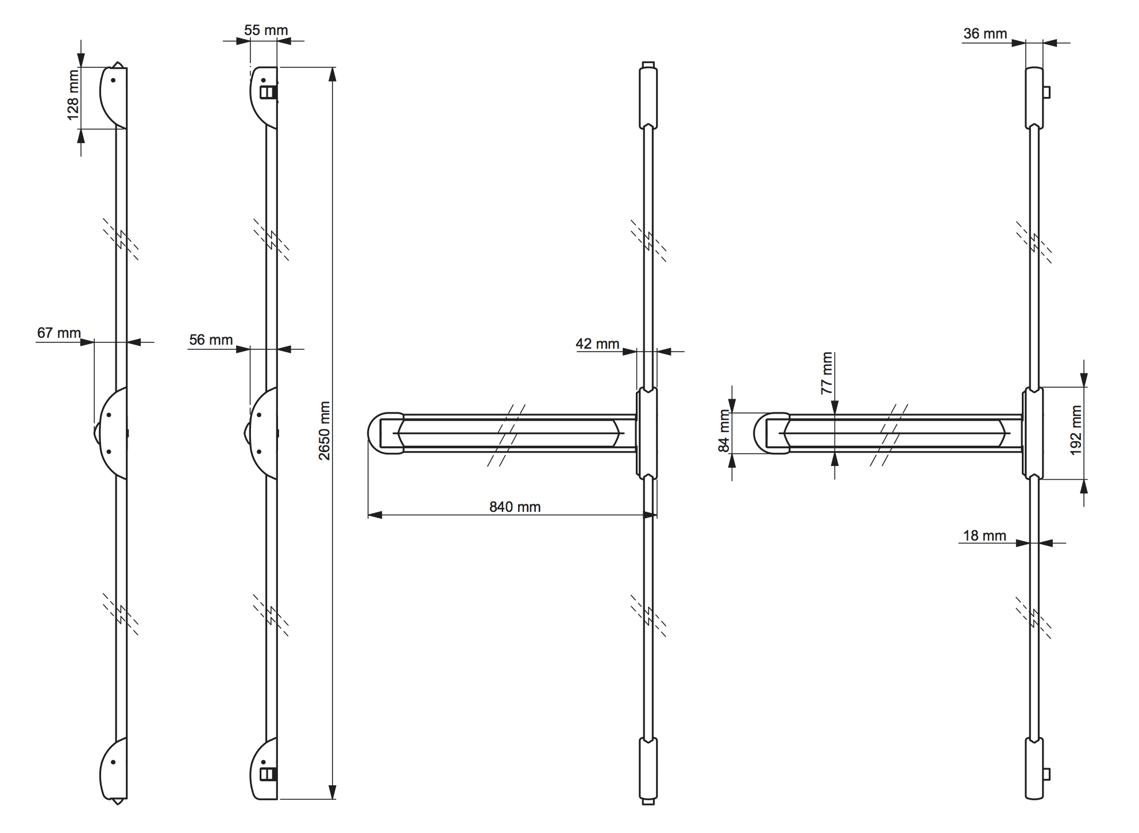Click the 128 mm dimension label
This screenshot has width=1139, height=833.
pyautogui.click(x=73, y=95)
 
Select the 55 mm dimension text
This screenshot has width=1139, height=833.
pyautogui.click(x=265, y=30)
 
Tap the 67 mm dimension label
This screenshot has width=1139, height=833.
pyautogui.click(x=59, y=333)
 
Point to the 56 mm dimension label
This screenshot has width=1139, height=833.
pyautogui.click(x=211, y=340)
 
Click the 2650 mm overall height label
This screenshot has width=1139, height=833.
pyautogui.click(x=325, y=431)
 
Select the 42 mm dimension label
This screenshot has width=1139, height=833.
pyautogui.click(x=597, y=344)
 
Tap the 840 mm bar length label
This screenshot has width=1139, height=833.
pyautogui.click(x=515, y=507)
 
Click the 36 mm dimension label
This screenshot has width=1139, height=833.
pyautogui.click(x=984, y=34)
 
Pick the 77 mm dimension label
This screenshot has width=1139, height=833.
pyautogui.click(x=827, y=373)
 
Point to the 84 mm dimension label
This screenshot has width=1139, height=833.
pyautogui.click(x=724, y=431)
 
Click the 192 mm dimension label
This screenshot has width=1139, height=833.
pyautogui.click(x=1076, y=430)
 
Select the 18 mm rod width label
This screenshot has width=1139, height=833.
pyautogui.click(x=984, y=535)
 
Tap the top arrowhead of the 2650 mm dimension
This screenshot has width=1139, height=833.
pyautogui.click(x=332, y=74)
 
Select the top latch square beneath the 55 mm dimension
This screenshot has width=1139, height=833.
pyautogui.click(x=268, y=92)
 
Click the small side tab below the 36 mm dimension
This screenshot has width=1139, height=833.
pyautogui.click(x=1047, y=92)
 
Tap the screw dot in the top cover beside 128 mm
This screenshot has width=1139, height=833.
pyautogui.click(x=113, y=80)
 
